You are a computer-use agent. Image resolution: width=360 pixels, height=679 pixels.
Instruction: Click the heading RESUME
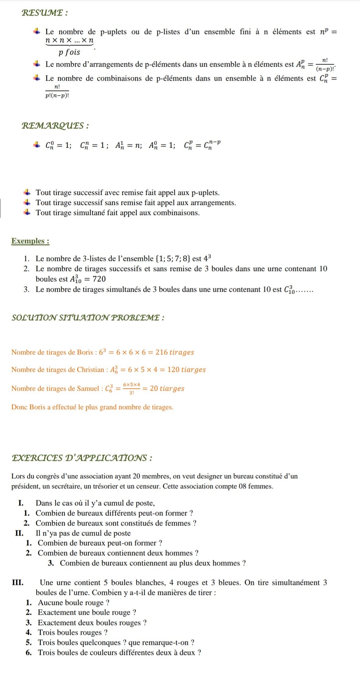pyautogui.click(x=45, y=13)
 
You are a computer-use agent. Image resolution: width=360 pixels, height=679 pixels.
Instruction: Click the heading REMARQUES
pyautogui.click(x=55, y=126)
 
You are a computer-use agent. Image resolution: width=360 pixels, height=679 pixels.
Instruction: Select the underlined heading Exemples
pyautogui.click(x=30, y=241)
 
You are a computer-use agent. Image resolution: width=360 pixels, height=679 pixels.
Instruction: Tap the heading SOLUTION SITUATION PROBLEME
pyautogui.click(x=88, y=318)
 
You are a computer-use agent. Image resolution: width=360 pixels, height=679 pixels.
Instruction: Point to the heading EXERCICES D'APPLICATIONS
pyautogui.click(x=82, y=458)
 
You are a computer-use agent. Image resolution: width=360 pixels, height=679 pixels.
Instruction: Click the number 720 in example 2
pyautogui.click(x=99, y=279)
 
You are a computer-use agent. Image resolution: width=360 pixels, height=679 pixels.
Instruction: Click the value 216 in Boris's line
pyautogui.click(x=161, y=352)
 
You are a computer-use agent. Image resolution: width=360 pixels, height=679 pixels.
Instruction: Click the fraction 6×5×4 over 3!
pyautogui.click(x=131, y=388)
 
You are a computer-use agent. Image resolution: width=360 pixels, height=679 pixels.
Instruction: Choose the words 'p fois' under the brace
pyautogui.click(x=69, y=52)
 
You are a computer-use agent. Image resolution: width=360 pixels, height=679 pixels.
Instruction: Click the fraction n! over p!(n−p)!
pyautogui.click(x=57, y=91)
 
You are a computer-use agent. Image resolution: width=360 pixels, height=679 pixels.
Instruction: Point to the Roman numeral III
pyautogui.click(x=18, y=583)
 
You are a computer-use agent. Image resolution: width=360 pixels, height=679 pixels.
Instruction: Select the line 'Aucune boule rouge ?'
pyautogui.click(x=74, y=603)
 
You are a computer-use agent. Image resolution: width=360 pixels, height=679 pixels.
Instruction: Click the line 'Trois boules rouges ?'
pyautogui.click(x=73, y=632)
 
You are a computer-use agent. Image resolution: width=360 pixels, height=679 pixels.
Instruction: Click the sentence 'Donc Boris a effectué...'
pyautogui.click(x=92, y=407)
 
